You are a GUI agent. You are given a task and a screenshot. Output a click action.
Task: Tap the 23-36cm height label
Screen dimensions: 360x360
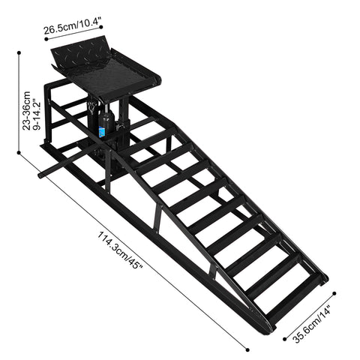[x=27, y=113]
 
